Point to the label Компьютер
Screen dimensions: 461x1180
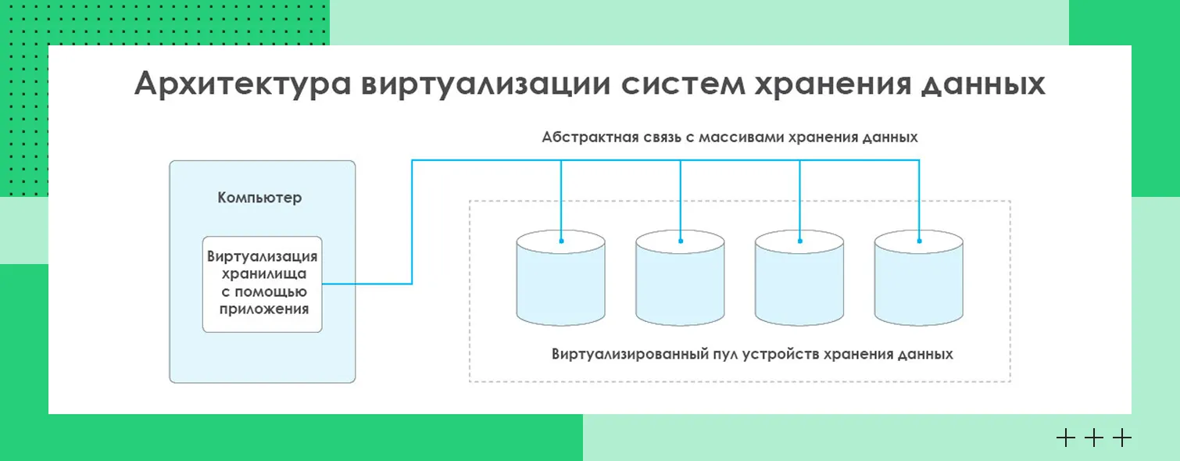tap(259, 198)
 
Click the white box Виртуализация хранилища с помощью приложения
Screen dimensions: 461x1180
tap(262, 284)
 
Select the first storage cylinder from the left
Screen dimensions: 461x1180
tap(560, 281)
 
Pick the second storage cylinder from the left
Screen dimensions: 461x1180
tap(680, 281)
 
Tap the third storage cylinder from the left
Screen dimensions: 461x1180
tap(799, 281)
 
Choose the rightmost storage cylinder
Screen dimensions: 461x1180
tap(918, 281)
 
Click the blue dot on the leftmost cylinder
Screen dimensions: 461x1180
tap(561, 241)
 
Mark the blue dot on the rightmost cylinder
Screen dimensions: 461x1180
tap(919, 241)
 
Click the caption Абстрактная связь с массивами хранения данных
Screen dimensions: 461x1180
tap(730, 138)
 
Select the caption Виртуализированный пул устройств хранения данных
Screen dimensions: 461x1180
tap(752, 354)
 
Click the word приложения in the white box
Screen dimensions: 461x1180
tap(262, 309)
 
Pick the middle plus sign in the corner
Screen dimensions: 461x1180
tap(1093, 438)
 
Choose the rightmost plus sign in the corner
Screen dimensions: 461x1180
tap(1121, 438)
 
